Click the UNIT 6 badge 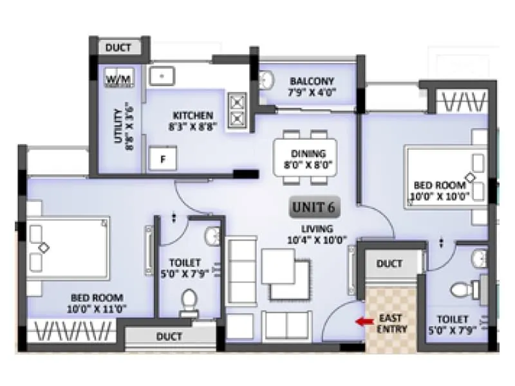(x=315, y=207)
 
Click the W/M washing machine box (x=118, y=78)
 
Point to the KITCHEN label (x=188, y=115)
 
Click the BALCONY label (x=312, y=81)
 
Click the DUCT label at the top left (x=118, y=48)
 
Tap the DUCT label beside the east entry (x=389, y=263)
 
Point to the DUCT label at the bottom (x=169, y=336)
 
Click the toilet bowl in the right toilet (x=462, y=291)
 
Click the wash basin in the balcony (x=267, y=80)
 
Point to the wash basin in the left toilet (x=212, y=237)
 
